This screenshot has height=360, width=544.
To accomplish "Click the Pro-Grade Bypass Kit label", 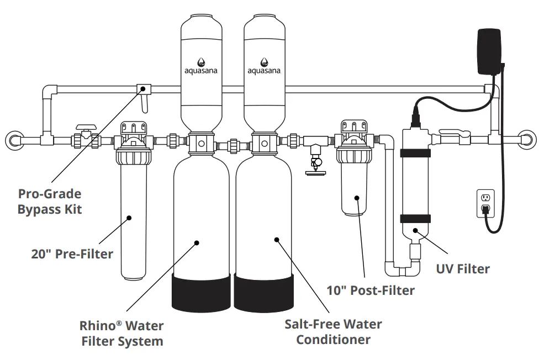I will point(50,202).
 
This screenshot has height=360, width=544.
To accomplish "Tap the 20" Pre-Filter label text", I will point(72,254).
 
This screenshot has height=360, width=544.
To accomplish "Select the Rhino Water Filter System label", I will point(122,333).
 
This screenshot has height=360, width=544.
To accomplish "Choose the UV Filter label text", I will point(462,269).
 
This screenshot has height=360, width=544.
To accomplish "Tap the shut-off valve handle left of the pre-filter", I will point(84,128).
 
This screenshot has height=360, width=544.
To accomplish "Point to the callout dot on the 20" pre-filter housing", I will point(129,217).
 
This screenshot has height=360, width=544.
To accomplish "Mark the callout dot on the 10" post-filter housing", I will point(358,197).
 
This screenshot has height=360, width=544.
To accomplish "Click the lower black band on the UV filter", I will point(415,219).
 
